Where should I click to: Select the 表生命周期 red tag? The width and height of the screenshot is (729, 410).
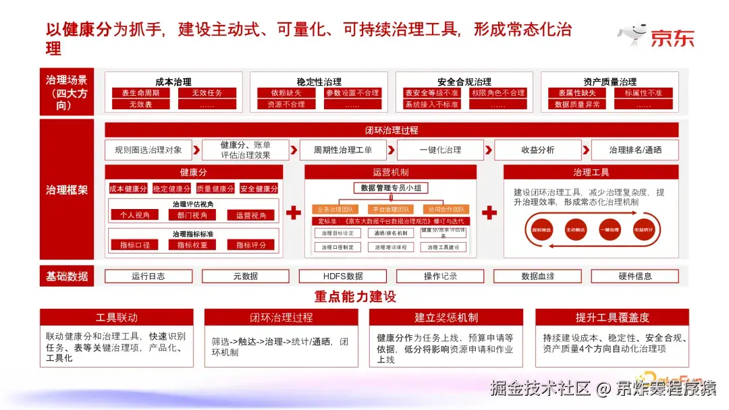point(140,93)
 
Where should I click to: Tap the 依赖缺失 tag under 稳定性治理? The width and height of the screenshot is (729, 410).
point(286,93)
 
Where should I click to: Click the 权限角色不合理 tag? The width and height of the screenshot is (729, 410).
point(498,93)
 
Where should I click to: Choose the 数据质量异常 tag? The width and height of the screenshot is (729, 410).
point(577,105)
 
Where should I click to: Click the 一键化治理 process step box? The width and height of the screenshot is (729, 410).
point(440,150)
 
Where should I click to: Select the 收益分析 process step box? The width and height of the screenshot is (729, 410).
point(537,150)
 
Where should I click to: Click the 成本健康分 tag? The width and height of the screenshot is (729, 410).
point(128,189)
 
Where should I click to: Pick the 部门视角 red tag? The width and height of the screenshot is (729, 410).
point(192,215)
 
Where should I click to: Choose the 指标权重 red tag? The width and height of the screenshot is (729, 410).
point(192,245)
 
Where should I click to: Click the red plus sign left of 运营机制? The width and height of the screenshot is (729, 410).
point(293,214)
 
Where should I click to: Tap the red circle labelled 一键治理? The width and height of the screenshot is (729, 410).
point(609,230)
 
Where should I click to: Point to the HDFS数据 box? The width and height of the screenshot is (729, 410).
point(343,276)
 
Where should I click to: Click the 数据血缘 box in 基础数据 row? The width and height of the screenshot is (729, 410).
point(537,276)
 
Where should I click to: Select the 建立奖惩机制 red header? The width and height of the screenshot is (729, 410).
point(446,318)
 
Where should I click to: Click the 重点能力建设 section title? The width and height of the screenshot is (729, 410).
point(355,297)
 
